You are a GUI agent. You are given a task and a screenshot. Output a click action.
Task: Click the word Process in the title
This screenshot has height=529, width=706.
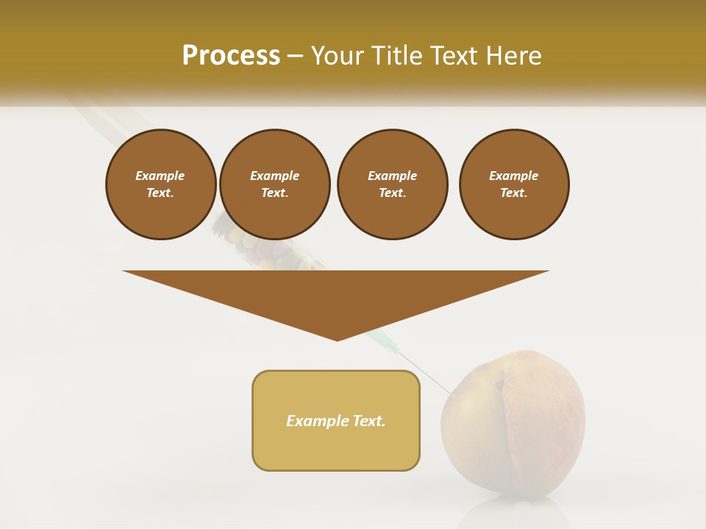tap(231, 56)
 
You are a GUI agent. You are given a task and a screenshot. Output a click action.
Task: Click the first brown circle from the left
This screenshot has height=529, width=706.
tap(160, 184)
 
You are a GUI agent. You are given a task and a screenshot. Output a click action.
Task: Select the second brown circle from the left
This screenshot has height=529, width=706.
tap(274, 184)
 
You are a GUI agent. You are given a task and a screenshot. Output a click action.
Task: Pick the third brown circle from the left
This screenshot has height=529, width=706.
tap(392, 184)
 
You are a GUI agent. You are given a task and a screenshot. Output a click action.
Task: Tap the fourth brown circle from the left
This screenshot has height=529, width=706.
tap(514, 184)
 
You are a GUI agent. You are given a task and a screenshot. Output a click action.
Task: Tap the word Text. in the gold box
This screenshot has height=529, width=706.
tap(370, 421)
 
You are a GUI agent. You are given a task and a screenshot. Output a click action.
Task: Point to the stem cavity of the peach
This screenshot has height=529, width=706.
tap(499, 384)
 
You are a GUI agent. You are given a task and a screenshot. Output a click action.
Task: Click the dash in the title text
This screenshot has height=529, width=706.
tap(296, 56)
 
